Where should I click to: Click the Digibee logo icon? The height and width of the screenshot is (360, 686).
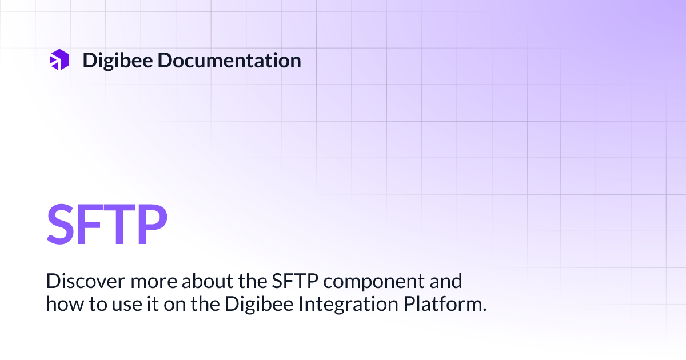(59, 60)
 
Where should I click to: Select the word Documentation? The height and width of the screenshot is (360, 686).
(229, 60)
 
